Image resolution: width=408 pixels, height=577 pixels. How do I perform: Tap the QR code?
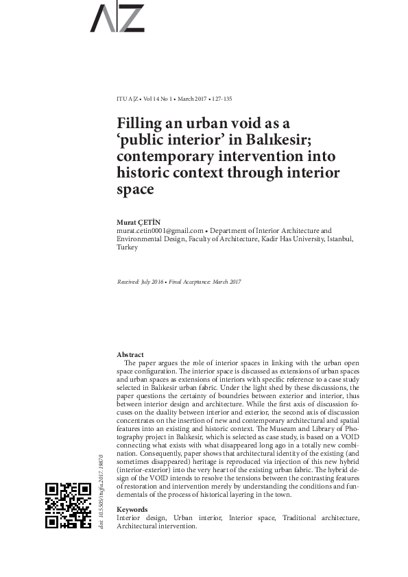(68, 506)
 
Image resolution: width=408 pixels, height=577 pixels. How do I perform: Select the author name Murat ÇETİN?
(138, 223)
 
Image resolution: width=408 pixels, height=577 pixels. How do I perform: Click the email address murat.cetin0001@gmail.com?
(160, 232)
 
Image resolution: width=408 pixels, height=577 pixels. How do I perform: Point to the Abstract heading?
(130, 354)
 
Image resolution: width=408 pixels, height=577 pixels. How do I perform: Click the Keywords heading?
(132, 510)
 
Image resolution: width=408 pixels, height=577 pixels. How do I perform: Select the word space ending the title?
(135, 189)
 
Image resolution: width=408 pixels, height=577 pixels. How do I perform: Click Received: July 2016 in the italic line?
(141, 282)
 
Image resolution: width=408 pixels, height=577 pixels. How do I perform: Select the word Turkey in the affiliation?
(128, 247)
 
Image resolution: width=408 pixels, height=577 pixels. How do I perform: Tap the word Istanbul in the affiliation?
(338, 239)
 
